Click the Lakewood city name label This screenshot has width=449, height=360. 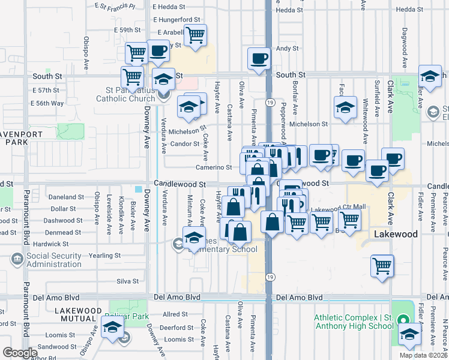396,234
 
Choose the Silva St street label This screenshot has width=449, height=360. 127,281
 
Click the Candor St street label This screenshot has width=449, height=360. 185,144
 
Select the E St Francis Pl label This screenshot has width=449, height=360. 115,5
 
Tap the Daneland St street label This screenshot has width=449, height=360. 67,197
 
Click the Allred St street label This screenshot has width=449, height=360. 175,314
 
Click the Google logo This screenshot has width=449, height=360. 20,353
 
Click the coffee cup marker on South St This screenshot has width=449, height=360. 259,59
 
